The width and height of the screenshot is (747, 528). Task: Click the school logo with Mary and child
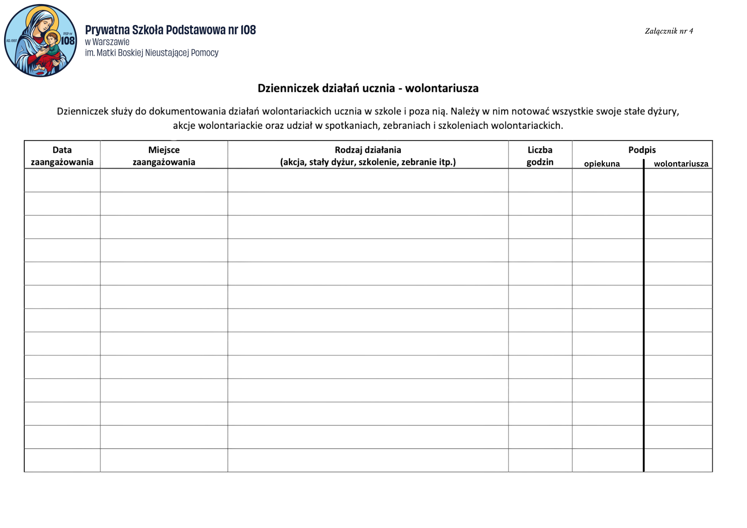tap(40, 41)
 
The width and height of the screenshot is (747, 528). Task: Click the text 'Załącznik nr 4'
tap(669, 31)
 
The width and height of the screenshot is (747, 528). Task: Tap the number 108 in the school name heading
tap(248, 30)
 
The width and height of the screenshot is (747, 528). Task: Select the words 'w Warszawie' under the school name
tap(107, 42)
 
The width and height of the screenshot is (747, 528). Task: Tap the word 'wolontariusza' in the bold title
tap(441, 88)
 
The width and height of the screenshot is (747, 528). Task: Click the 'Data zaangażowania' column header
tap(62, 156)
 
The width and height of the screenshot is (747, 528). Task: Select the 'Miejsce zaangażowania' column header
tap(164, 156)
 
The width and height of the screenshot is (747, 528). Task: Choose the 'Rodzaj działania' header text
tap(368, 150)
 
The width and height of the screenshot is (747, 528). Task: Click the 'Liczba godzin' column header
tap(540, 156)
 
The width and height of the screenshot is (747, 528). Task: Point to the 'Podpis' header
tap(642, 150)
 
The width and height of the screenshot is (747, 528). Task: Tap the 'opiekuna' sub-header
tap(602, 164)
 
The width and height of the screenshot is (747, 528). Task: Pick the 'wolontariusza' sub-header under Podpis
tap(681, 164)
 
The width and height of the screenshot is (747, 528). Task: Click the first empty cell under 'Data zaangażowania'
tap(62, 180)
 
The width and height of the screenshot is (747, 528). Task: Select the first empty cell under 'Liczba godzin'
tap(540, 180)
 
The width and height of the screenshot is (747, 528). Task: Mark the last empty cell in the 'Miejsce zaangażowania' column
tap(164, 460)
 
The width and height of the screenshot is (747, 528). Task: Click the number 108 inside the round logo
tap(68, 41)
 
